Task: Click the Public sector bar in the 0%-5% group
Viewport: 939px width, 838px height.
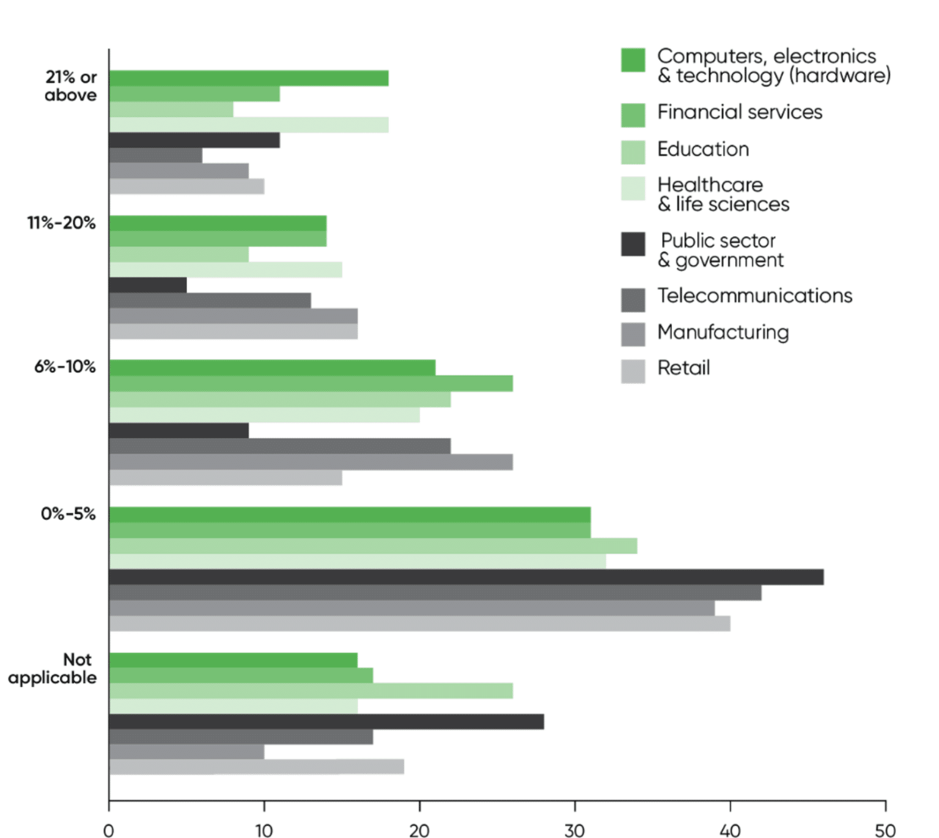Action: (x=466, y=577)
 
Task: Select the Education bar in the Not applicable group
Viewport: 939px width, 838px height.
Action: (x=311, y=691)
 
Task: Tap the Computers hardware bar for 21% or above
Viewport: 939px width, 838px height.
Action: (x=248, y=78)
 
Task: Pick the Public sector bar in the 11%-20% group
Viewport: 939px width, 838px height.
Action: (x=148, y=285)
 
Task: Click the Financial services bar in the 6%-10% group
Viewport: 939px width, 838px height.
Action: (x=311, y=383)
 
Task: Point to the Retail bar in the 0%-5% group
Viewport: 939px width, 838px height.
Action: (x=419, y=623)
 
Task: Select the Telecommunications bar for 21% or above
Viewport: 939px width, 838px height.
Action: (x=155, y=155)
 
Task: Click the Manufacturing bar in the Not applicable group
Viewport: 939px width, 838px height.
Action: (x=186, y=752)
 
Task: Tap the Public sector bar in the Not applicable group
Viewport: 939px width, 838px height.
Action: (x=326, y=722)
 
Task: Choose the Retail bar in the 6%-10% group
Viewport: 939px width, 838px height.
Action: (x=226, y=477)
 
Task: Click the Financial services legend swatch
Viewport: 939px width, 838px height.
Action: (x=633, y=115)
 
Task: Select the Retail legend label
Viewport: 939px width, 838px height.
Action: (x=683, y=368)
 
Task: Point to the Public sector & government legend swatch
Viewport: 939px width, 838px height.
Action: (x=633, y=244)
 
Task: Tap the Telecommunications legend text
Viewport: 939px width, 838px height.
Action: (x=754, y=296)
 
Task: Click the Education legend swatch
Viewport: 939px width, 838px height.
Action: (x=633, y=152)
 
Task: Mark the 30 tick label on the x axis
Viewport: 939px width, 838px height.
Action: (x=575, y=830)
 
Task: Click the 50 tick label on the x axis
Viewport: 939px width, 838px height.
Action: (x=885, y=830)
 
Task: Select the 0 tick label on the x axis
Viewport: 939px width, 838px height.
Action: (x=109, y=830)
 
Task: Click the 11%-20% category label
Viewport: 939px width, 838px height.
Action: (x=61, y=223)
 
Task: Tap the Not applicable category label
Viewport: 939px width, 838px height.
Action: (x=53, y=669)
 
